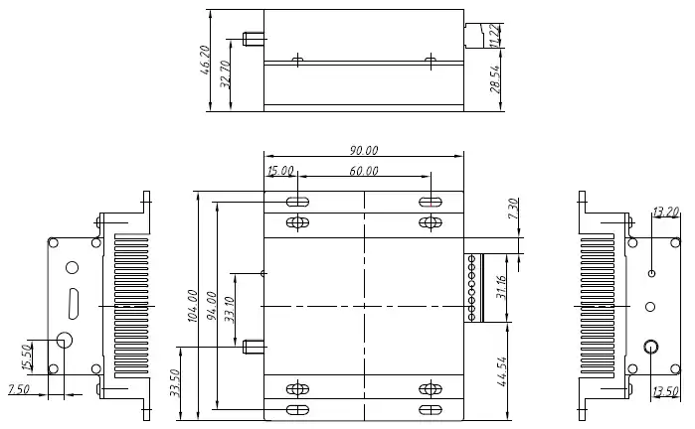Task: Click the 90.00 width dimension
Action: click(363, 150)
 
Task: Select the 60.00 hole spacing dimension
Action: click(364, 171)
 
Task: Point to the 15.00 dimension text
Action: click(280, 171)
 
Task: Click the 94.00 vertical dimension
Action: click(211, 306)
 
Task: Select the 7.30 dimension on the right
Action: click(513, 210)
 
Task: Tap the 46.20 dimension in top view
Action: click(206, 61)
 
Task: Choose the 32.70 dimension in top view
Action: click(226, 75)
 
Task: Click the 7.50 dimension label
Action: click(19, 388)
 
